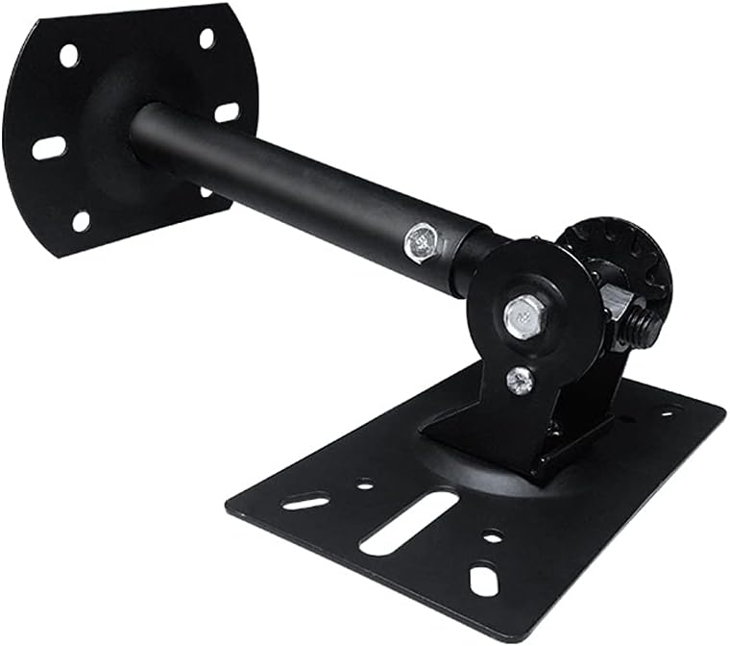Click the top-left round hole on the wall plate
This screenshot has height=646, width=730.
(x=69, y=55)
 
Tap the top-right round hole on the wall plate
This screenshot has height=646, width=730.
(x=207, y=38)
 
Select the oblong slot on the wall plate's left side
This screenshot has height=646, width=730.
(x=49, y=148)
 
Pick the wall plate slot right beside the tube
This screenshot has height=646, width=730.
(x=227, y=112)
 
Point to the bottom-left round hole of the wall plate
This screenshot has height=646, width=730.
(x=81, y=220)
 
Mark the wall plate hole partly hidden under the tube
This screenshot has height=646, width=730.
(x=206, y=190)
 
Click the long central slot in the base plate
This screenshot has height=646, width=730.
(x=408, y=522)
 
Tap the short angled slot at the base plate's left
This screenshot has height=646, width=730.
(x=305, y=501)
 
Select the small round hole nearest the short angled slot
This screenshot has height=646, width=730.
(x=365, y=484)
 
